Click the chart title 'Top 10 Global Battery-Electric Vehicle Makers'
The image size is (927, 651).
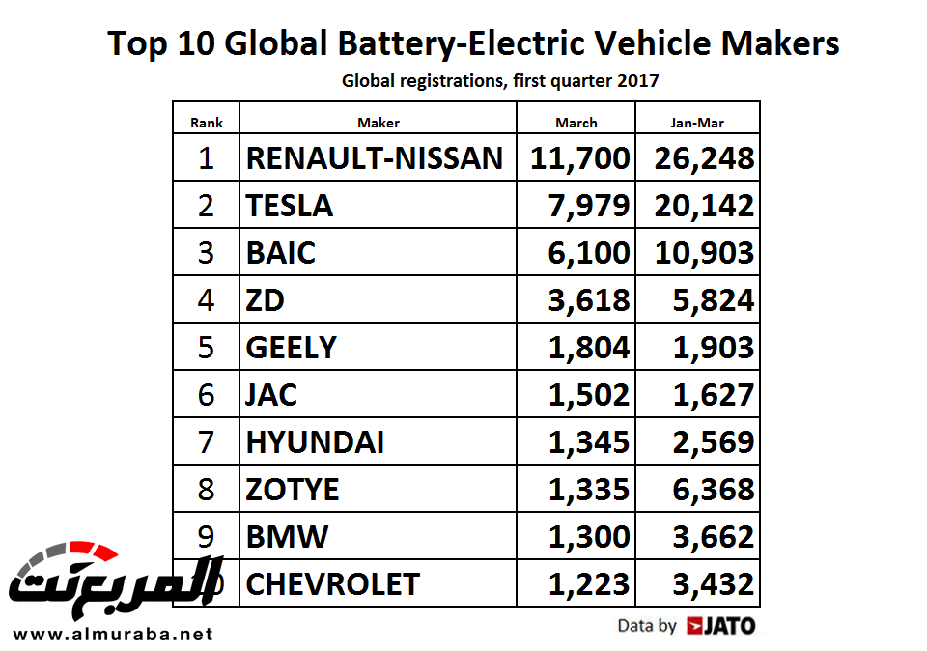[473, 43]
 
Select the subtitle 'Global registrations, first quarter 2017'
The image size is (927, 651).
[500, 81]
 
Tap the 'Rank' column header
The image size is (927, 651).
[207, 123]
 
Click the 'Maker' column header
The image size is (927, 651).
[378, 123]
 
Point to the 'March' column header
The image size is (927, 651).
[576, 123]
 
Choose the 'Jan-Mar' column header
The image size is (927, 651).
[697, 123]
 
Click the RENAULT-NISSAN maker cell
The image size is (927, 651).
[375, 157]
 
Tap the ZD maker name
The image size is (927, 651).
[266, 299]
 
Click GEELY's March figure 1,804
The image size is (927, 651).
[588, 347]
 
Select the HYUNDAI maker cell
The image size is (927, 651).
[315, 441]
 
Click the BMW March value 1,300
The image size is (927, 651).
[588, 536]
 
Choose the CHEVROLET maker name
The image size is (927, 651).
[333, 583]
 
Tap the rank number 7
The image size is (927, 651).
[206, 441]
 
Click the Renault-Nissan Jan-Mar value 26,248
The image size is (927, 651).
[702, 157]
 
